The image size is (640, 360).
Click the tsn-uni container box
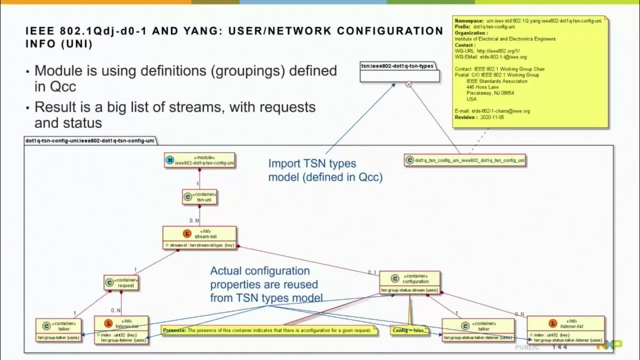point(199,197)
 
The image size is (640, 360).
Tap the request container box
point(121,283)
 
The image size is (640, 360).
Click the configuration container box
point(409,283)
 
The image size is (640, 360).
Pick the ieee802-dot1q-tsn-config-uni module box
point(199,160)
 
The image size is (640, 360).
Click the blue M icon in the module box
point(170,160)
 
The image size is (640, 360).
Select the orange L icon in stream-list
point(187,233)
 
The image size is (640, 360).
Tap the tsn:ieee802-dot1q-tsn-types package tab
point(397,66)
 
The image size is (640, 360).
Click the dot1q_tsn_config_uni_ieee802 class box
point(465,160)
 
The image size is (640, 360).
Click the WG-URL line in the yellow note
point(487,51)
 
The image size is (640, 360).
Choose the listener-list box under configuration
point(565,329)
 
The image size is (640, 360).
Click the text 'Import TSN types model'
point(312,163)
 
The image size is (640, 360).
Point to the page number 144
point(559,347)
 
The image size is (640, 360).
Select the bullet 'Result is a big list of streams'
point(175,107)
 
